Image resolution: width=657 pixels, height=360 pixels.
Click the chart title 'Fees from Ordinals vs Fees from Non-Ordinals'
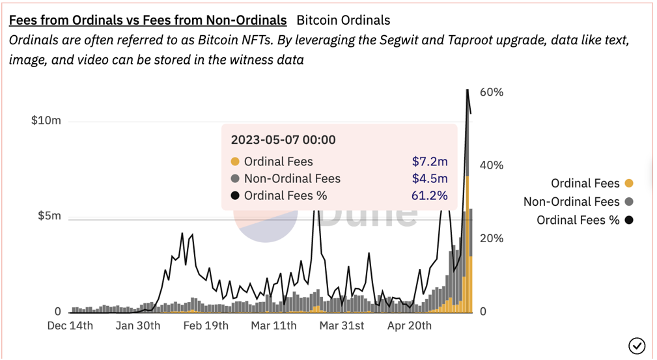(x=148, y=20)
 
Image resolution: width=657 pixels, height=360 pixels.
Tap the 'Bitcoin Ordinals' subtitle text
(x=343, y=20)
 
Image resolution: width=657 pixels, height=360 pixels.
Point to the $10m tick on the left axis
(x=46, y=120)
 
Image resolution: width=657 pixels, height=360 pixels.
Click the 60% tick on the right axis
(x=492, y=92)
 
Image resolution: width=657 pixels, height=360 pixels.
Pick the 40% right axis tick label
(x=492, y=165)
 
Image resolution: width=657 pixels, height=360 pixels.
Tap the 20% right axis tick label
(x=492, y=238)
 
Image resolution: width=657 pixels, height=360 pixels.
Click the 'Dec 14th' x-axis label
(x=70, y=325)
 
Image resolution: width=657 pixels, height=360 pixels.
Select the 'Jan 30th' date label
(x=138, y=325)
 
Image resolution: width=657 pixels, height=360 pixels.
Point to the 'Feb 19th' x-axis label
(x=206, y=325)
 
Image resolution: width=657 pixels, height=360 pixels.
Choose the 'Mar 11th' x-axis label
(x=274, y=325)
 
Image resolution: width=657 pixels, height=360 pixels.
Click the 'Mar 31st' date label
(x=342, y=325)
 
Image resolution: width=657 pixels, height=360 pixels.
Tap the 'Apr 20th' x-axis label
(x=410, y=325)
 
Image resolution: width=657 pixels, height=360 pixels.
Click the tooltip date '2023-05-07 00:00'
(x=283, y=139)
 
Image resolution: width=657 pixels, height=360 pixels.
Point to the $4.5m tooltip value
(x=430, y=178)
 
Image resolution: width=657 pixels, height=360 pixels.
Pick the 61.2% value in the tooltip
(x=430, y=195)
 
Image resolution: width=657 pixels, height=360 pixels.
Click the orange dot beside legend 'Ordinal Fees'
(x=628, y=184)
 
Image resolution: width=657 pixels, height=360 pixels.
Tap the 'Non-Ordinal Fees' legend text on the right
(x=571, y=202)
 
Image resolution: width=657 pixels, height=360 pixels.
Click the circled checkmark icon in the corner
(x=636, y=345)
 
